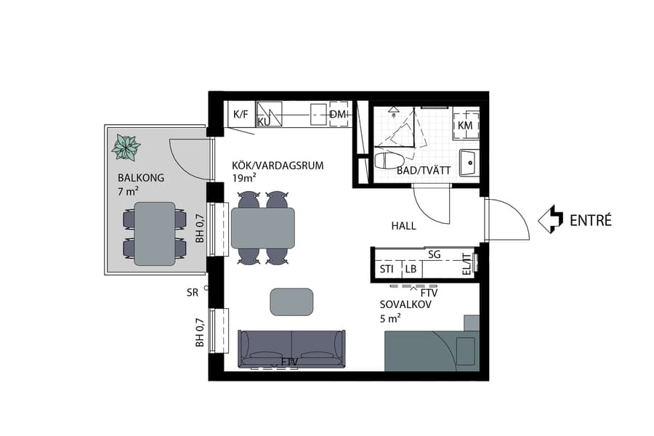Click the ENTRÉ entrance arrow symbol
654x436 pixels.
tap(552, 219)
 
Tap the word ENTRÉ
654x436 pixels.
tap(590, 219)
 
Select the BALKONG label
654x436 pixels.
tap(141, 178)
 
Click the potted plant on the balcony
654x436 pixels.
tap(126, 148)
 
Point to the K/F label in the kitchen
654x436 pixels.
tap(240, 115)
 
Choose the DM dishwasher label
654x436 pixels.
tap(338, 116)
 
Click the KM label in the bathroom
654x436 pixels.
tap(465, 125)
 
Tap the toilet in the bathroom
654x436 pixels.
tap(391, 160)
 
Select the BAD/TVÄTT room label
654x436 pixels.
tap(424, 171)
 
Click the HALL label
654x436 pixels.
tap(403, 226)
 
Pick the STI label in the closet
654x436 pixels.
tap(387, 269)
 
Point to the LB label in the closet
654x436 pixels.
tap(411, 269)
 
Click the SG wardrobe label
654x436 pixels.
tap(435, 254)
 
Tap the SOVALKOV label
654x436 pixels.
tap(405, 304)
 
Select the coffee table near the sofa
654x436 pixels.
tap(292, 302)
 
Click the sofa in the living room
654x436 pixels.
tap(291, 349)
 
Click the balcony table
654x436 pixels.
tap(155, 233)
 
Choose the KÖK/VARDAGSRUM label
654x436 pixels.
tap(278, 166)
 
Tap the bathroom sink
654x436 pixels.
tap(469, 161)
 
